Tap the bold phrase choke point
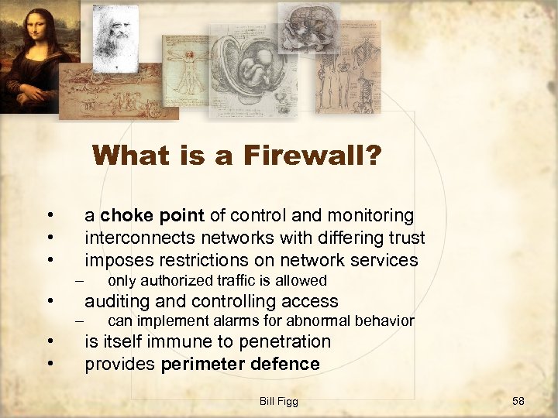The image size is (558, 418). (152, 215)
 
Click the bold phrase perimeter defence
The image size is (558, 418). (240, 364)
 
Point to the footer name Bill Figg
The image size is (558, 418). (279, 400)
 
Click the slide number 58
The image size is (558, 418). (518, 400)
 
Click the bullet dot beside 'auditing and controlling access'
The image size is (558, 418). (49, 301)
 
